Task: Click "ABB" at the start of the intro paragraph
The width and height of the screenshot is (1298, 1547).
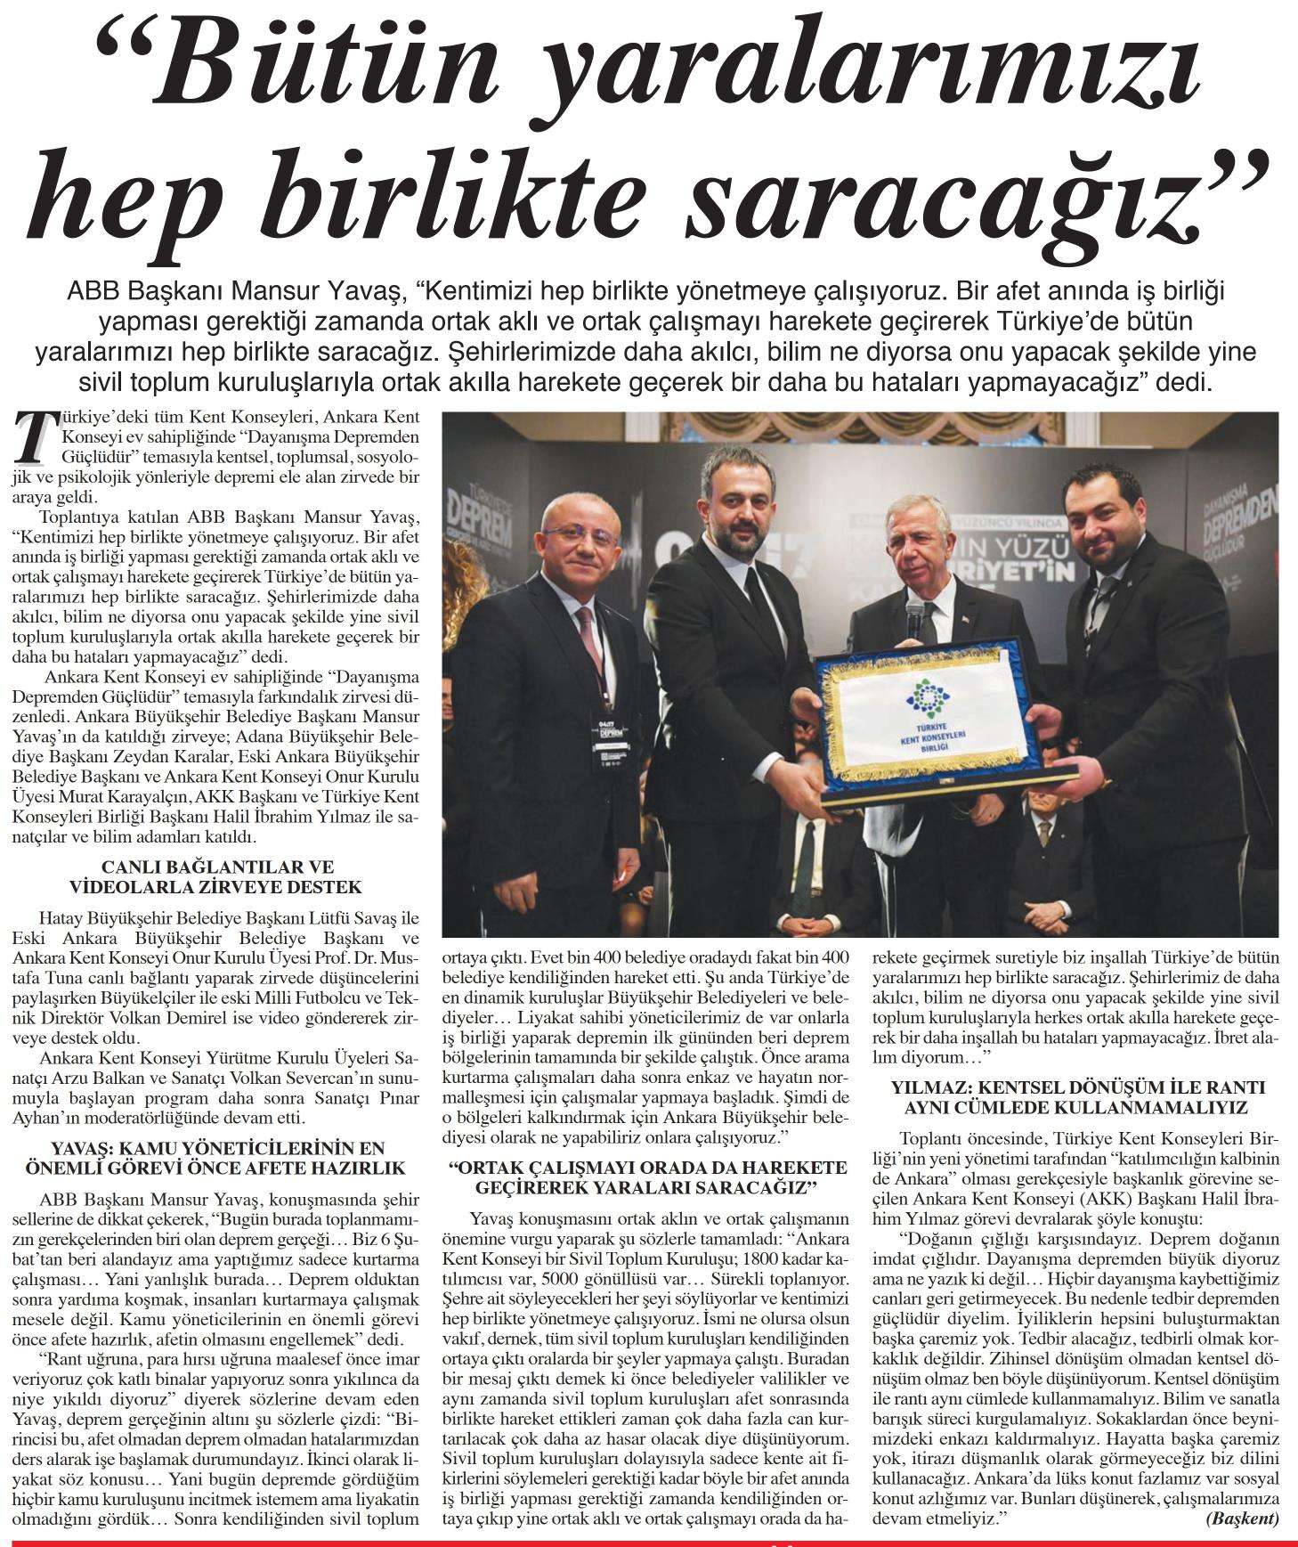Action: click(92, 290)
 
